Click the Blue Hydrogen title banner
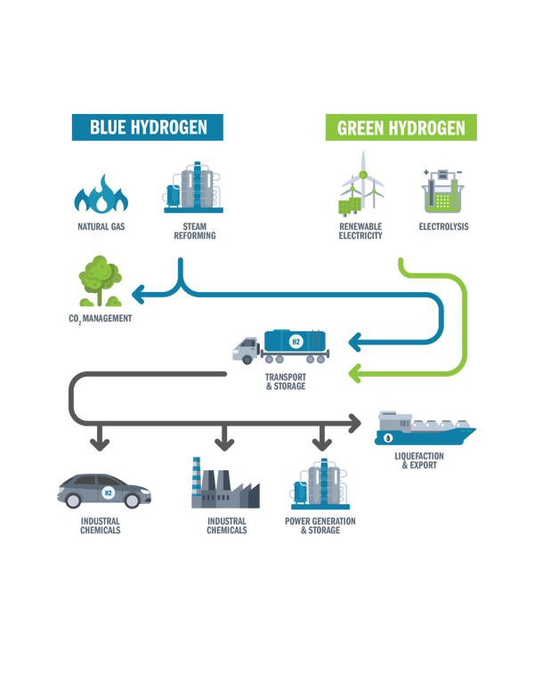pos(148,127)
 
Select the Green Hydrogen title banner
pos(400,127)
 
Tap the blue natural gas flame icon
pos(101,194)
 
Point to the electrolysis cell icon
pos(443,191)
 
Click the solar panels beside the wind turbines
pos(351,207)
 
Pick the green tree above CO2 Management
pos(101,280)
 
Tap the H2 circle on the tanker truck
pos(296,342)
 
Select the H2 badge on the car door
pos(108,492)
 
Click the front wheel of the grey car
pos(132,500)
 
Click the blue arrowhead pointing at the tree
pos(138,295)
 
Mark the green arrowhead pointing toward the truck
pos(355,374)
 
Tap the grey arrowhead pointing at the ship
pos(355,424)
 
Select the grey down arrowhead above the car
pos(100,443)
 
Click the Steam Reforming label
pos(195,231)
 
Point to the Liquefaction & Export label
pos(419,460)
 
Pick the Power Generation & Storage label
pos(320,525)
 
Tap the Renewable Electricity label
pos(360,231)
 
